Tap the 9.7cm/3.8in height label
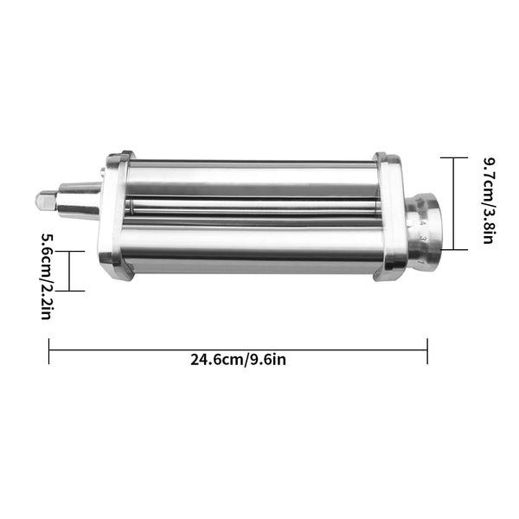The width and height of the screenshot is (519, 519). click(x=488, y=203)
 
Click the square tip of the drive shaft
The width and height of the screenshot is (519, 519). click(x=44, y=200)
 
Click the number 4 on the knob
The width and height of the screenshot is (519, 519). click(x=422, y=223)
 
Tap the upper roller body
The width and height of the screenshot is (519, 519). click(x=251, y=178)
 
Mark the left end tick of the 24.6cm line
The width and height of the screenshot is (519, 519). click(x=49, y=349)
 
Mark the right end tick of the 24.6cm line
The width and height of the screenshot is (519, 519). click(x=427, y=349)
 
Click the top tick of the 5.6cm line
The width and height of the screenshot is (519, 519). click(x=70, y=251)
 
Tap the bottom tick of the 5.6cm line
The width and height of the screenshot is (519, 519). click(x=70, y=291)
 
